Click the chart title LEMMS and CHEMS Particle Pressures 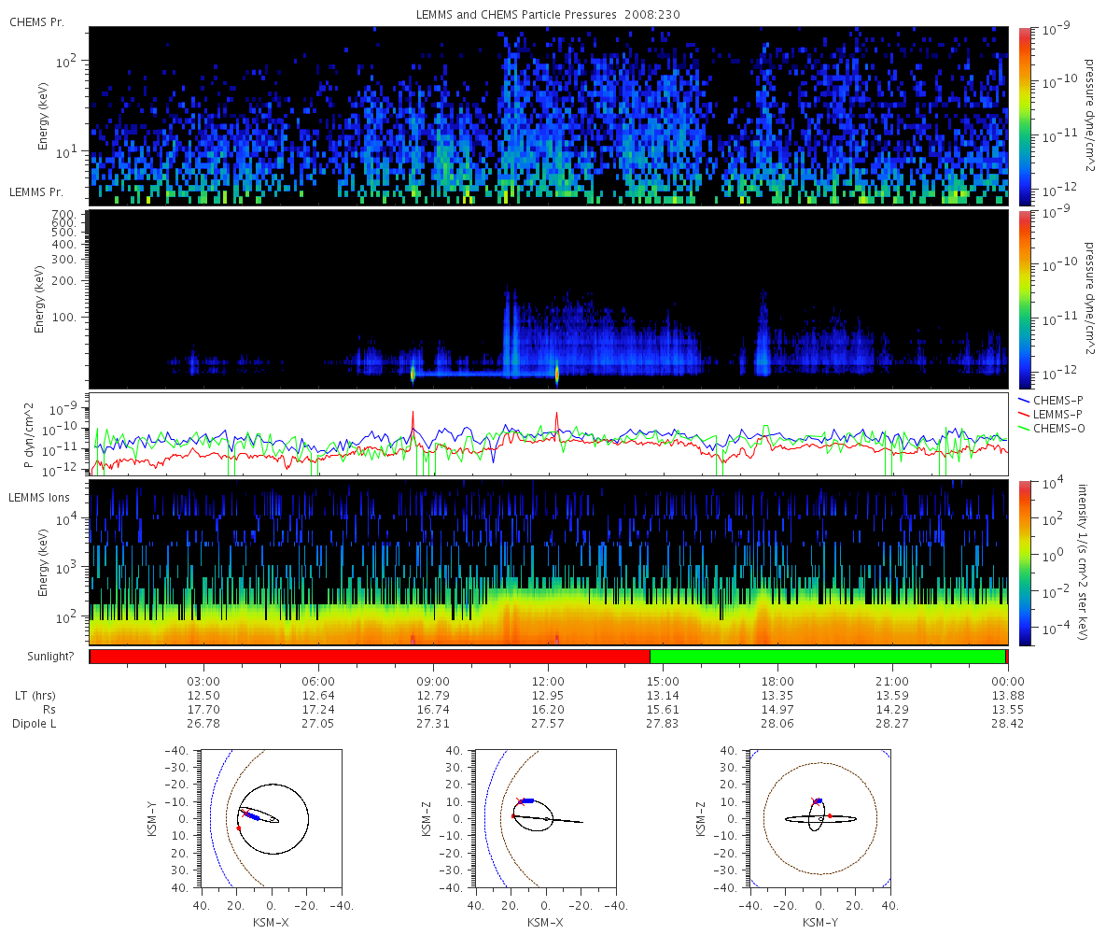click(x=516, y=15)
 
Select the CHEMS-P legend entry click(x=1050, y=401)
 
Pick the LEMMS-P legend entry click(x=1050, y=415)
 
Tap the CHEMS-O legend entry click(x=1051, y=429)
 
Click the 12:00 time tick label click(x=548, y=681)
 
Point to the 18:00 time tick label click(x=777, y=681)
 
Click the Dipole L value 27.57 click(x=548, y=724)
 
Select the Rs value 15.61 click(x=663, y=710)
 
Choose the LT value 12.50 click(x=203, y=696)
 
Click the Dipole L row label click(x=34, y=724)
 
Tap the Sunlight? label click(x=50, y=657)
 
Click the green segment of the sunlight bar click(x=827, y=657)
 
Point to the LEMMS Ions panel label click(x=38, y=498)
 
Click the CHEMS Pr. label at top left click(x=36, y=22)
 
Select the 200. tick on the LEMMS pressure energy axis click(x=63, y=281)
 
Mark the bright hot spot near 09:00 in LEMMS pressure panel click(x=413, y=373)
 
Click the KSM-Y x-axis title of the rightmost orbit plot click(x=820, y=922)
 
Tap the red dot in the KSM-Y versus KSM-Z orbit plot click(x=830, y=816)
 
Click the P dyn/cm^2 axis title click(x=29, y=435)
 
